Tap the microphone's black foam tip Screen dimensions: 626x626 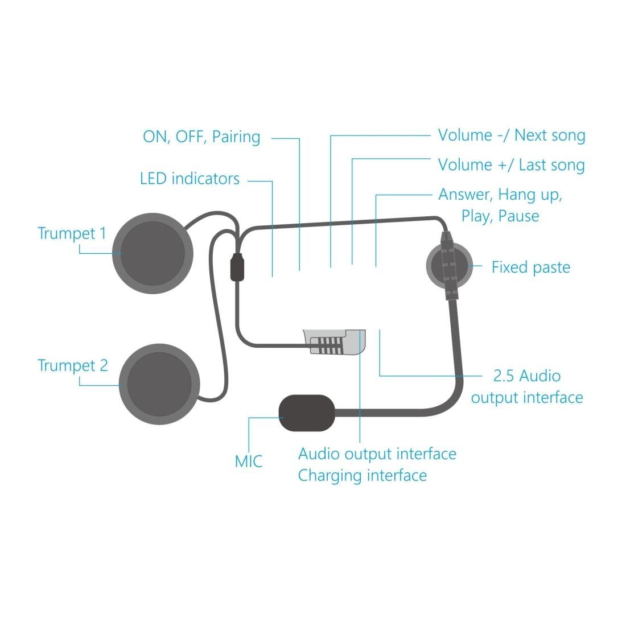click(306, 413)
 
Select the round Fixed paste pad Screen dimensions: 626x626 click(449, 265)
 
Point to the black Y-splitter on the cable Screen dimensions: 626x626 click(238, 267)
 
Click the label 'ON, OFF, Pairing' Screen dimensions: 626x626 click(201, 137)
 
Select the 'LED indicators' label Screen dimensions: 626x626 click(190, 179)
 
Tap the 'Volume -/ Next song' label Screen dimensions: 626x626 click(511, 135)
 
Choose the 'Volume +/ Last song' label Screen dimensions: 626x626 click(511, 165)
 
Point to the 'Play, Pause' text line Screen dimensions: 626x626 click(500, 216)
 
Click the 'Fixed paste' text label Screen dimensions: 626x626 click(530, 267)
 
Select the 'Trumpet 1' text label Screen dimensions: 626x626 click(72, 233)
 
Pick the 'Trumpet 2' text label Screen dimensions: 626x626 click(72, 365)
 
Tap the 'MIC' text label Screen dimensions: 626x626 click(249, 461)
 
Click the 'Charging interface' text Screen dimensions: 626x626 click(362, 475)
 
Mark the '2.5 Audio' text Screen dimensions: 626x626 click(526, 376)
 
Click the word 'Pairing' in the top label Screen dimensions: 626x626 click(236, 137)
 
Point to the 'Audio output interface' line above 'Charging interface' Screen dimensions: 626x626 click(377, 454)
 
